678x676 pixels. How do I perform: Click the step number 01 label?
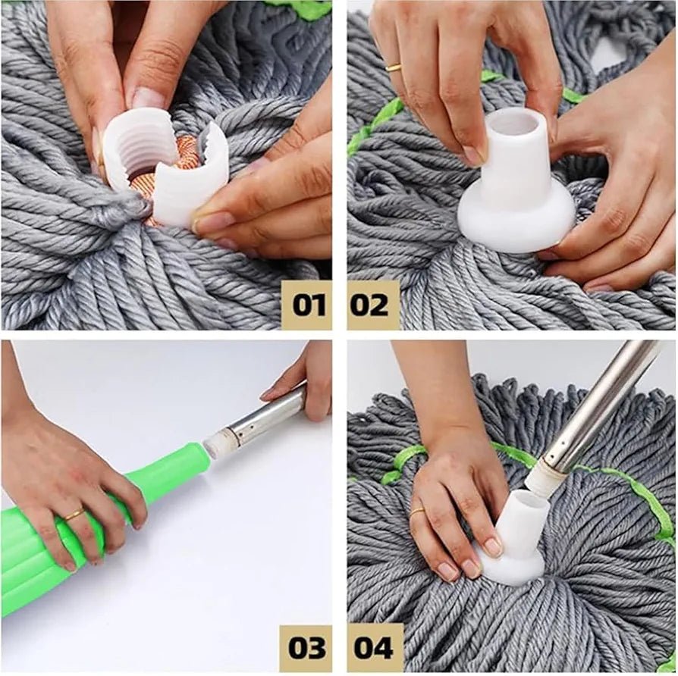click(307, 305)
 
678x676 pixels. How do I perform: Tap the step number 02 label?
click(372, 305)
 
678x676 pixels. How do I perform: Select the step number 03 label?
click(307, 649)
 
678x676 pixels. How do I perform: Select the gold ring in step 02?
click(394, 67)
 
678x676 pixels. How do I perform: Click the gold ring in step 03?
click(74, 515)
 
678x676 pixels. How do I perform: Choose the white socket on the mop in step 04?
click(516, 530)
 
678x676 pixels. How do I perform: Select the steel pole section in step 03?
click(265, 418)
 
